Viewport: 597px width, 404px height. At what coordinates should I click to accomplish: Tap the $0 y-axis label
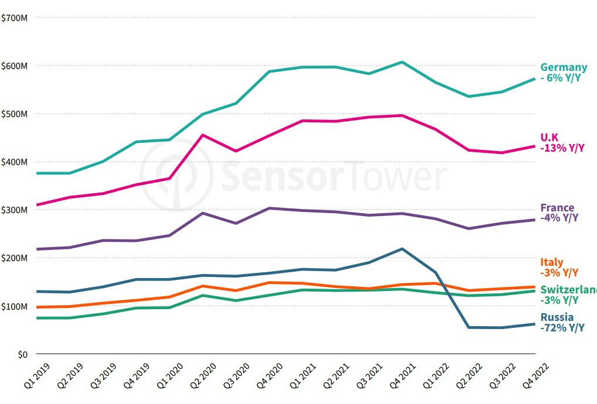(x=22, y=354)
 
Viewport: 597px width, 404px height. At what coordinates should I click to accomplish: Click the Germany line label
(x=563, y=67)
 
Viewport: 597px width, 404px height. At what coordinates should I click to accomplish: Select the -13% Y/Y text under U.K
(x=562, y=148)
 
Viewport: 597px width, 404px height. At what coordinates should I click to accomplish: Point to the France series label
(x=557, y=208)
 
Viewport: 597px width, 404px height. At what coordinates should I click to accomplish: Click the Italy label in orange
(x=551, y=262)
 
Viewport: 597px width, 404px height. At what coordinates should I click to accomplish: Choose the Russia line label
(x=557, y=317)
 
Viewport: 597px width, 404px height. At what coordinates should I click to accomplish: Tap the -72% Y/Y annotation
(x=562, y=328)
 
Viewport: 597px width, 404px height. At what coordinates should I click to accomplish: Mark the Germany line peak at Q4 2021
(x=402, y=62)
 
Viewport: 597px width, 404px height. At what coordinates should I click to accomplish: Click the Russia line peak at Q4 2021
(x=402, y=249)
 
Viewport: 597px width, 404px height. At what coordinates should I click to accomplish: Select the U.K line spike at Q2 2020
(x=202, y=135)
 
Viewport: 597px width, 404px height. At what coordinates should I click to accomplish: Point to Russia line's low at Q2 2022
(x=469, y=327)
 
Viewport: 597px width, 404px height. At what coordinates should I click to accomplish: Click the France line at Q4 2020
(x=269, y=208)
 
